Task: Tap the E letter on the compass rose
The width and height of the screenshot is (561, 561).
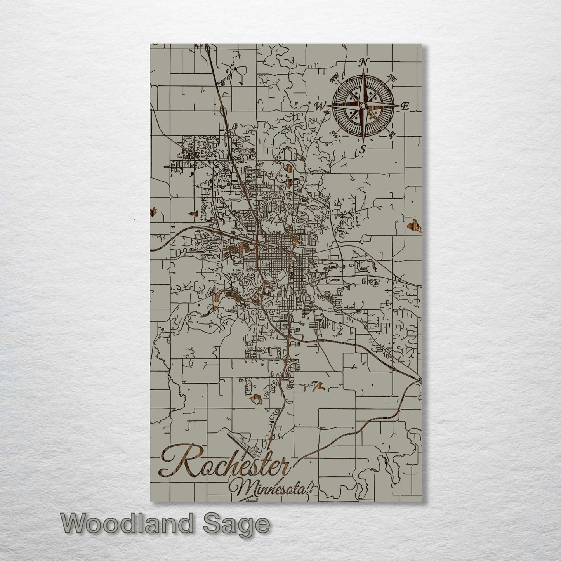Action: (x=405, y=107)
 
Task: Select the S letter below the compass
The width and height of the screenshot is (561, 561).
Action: (x=363, y=149)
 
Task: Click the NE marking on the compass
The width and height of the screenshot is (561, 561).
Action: (x=392, y=79)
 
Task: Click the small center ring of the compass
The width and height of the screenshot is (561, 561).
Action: (x=363, y=106)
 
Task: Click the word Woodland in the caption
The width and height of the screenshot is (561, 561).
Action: (x=127, y=524)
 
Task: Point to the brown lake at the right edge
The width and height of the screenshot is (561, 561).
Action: (x=413, y=225)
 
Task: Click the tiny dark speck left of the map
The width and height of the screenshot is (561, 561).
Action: (x=134, y=220)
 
